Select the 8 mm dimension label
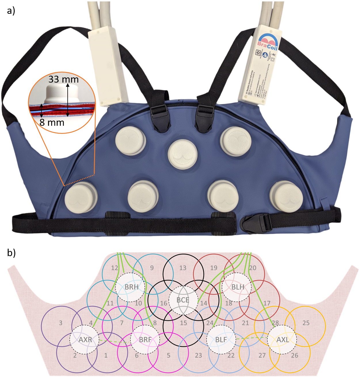pyautogui.click(x=52, y=123)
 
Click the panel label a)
pyautogui.click(x=11, y=11)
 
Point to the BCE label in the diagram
pyautogui.click(x=183, y=300)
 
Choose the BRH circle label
pyautogui.click(x=132, y=287)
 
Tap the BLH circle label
pyautogui.click(x=238, y=287)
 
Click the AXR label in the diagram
pyautogui.click(x=85, y=340)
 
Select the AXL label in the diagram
pyautogui.click(x=283, y=340)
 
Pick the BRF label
pyautogui.click(x=145, y=340)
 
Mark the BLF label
pyautogui.click(x=221, y=340)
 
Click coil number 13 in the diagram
pyautogui.click(x=183, y=268)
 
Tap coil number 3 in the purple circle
pyautogui.click(x=61, y=323)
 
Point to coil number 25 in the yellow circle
pyautogui.click(x=306, y=323)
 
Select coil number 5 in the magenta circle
pyautogui.click(x=169, y=355)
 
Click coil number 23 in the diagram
pyautogui.click(x=199, y=355)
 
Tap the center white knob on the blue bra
pyautogui.click(x=183, y=153)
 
